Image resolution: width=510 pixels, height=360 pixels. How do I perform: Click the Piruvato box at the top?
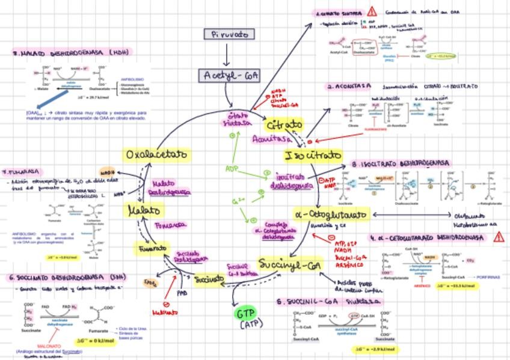coord(229,34)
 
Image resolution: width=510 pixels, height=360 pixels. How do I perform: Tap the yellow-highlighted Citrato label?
coord(284,126)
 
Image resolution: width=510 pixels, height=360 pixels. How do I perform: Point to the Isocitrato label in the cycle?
coord(312,156)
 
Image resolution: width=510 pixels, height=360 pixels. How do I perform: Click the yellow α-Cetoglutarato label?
coord(331,215)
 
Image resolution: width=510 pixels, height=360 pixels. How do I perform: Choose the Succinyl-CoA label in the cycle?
coord(290,264)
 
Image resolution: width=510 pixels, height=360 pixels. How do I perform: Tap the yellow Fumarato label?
coord(151,248)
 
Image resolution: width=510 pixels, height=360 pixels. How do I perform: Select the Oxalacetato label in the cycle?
coord(156,155)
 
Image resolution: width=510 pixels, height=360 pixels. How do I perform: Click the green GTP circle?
coord(247,314)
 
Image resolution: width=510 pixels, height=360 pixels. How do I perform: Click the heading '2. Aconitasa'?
coord(349,87)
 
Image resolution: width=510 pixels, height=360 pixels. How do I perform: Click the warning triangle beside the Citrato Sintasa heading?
coord(372,11)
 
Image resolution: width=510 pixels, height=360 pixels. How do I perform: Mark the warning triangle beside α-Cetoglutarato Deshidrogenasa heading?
coord(498,237)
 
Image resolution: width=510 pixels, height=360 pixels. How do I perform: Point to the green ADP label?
coord(232,169)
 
